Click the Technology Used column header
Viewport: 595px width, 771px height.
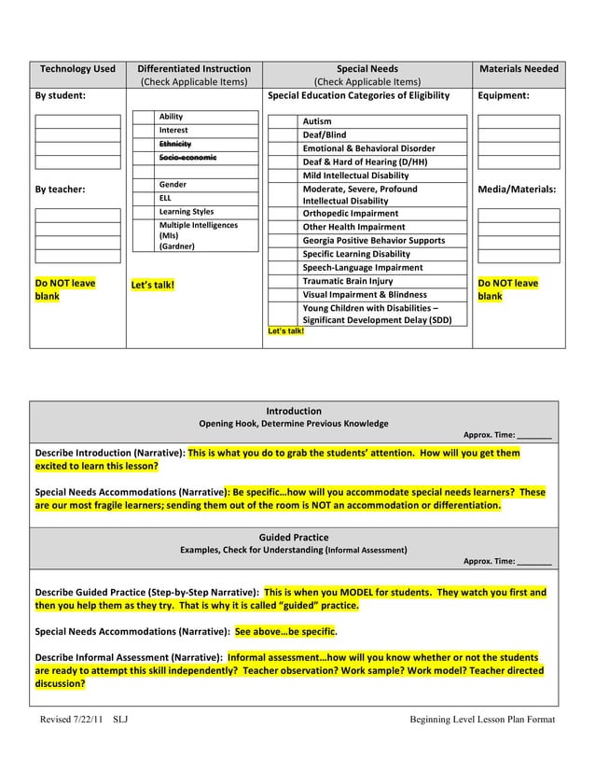pos(77,69)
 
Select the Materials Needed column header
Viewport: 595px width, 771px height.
pos(519,69)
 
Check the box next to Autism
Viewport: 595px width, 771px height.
pos(283,122)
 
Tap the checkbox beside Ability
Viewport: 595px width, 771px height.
pos(144,117)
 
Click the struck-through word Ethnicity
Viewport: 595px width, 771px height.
pos(174,144)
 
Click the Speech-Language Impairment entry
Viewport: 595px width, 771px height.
pos(362,268)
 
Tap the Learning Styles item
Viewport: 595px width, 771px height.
pos(186,212)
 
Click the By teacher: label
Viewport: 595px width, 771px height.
pos(61,189)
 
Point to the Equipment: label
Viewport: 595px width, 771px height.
pos(504,95)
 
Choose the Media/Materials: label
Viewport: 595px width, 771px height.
pos(517,189)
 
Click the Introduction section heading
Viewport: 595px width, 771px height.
pos(294,411)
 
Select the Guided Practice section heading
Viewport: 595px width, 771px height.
pos(294,538)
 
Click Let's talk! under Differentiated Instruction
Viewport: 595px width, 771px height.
pos(153,285)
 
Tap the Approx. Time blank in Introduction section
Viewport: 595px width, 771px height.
pos(534,435)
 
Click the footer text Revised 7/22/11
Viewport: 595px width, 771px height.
pos(71,720)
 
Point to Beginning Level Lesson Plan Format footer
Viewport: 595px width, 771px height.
pos(482,720)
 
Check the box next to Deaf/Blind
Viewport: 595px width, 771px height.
pos(283,135)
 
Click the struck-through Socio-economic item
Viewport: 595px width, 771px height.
pos(187,158)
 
